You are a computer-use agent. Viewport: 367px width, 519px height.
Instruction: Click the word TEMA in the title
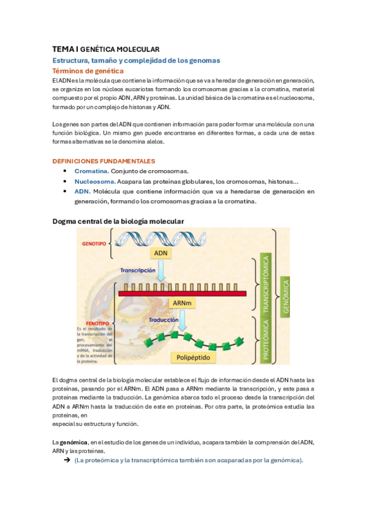[62, 48]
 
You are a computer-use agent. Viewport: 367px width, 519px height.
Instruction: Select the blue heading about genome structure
[136, 60]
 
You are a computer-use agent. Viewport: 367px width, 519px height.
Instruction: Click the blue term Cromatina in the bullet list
[91, 171]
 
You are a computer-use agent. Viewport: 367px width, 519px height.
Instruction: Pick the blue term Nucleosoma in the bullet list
[95, 181]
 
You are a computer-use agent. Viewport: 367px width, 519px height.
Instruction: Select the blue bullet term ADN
[82, 192]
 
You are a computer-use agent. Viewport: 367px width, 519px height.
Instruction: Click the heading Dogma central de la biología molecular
[118, 220]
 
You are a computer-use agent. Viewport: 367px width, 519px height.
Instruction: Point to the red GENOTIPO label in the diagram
[94, 243]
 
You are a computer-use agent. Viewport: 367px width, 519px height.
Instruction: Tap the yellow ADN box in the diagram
[161, 253]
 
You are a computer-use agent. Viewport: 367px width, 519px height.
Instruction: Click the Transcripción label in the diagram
[138, 269]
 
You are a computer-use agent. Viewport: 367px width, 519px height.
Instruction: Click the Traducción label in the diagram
[163, 319]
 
